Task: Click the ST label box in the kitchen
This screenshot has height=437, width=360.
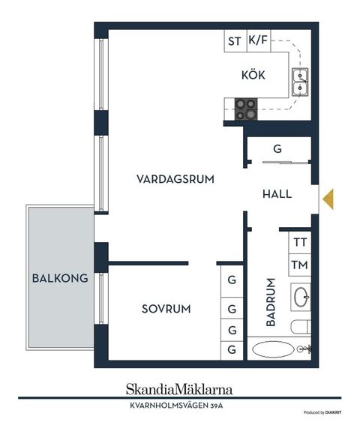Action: tap(234, 42)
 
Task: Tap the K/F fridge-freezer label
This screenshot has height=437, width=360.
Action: tap(258, 42)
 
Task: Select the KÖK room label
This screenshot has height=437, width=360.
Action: tap(253, 76)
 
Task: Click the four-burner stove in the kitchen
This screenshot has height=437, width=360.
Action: tap(245, 109)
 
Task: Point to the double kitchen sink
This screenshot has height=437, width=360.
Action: tap(301, 82)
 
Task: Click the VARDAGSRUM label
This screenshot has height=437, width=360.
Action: tap(175, 179)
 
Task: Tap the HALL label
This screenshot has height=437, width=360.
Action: tap(277, 194)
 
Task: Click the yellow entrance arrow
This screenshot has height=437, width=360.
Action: tap(328, 197)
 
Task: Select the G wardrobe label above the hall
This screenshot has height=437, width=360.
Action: tap(277, 149)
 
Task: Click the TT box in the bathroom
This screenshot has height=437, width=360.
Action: tap(300, 242)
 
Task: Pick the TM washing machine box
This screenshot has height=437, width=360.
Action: tap(300, 265)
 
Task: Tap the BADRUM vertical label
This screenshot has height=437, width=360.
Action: tap(271, 304)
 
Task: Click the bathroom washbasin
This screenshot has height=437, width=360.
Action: tap(301, 297)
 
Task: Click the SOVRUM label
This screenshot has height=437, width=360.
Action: tap(166, 309)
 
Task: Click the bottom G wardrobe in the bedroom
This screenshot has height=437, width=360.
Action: tap(232, 349)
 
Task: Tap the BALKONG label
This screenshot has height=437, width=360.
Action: tap(60, 278)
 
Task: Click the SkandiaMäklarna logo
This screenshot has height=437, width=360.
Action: tap(178, 389)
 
